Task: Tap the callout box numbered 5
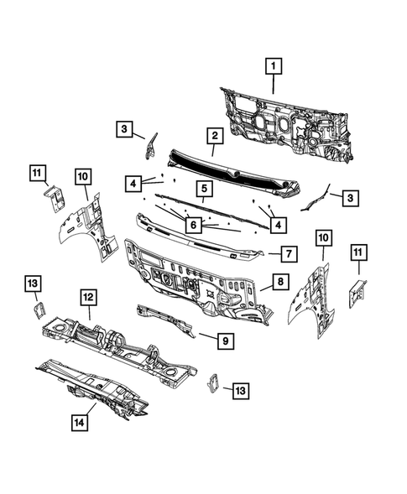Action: [202, 189]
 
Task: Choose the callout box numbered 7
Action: [286, 252]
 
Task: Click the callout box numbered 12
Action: [86, 295]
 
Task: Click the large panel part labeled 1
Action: [285, 117]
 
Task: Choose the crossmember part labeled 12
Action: [117, 344]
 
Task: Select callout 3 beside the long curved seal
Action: [349, 197]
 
